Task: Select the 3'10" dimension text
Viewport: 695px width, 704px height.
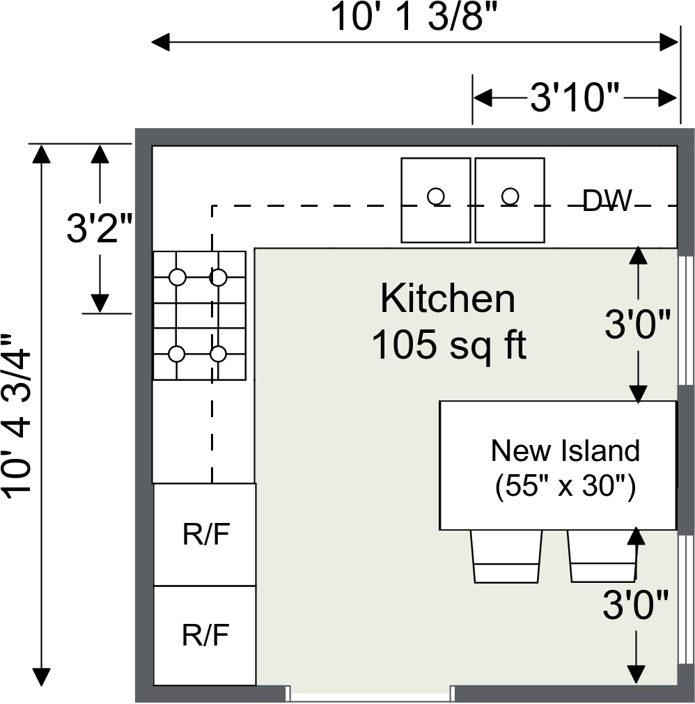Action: click(x=575, y=98)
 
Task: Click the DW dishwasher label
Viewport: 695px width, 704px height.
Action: click(x=607, y=201)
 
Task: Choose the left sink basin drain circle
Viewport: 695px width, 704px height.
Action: click(x=436, y=196)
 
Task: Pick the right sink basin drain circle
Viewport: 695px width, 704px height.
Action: click(x=510, y=196)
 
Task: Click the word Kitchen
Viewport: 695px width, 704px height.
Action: click(x=448, y=299)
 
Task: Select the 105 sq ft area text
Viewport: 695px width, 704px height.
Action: click(x=448, y=344)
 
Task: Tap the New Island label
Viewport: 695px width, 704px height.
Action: click(x=565, y=451)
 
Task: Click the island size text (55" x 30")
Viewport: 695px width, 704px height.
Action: click(x=565, y=486)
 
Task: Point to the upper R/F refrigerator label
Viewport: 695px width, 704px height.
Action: click(x=205, y=535)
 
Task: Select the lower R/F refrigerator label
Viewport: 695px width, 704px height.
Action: click(x=205, y=635)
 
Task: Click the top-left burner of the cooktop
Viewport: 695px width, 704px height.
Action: click(x=178, y=277)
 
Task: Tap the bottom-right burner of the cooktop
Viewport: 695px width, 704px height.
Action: click(x=218, y=354)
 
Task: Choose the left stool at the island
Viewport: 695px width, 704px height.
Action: click(x=506, y=556)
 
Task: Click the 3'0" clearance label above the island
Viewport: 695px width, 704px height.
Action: click(x=637, y=324)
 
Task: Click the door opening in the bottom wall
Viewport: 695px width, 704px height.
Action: click(x=370, y=693)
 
